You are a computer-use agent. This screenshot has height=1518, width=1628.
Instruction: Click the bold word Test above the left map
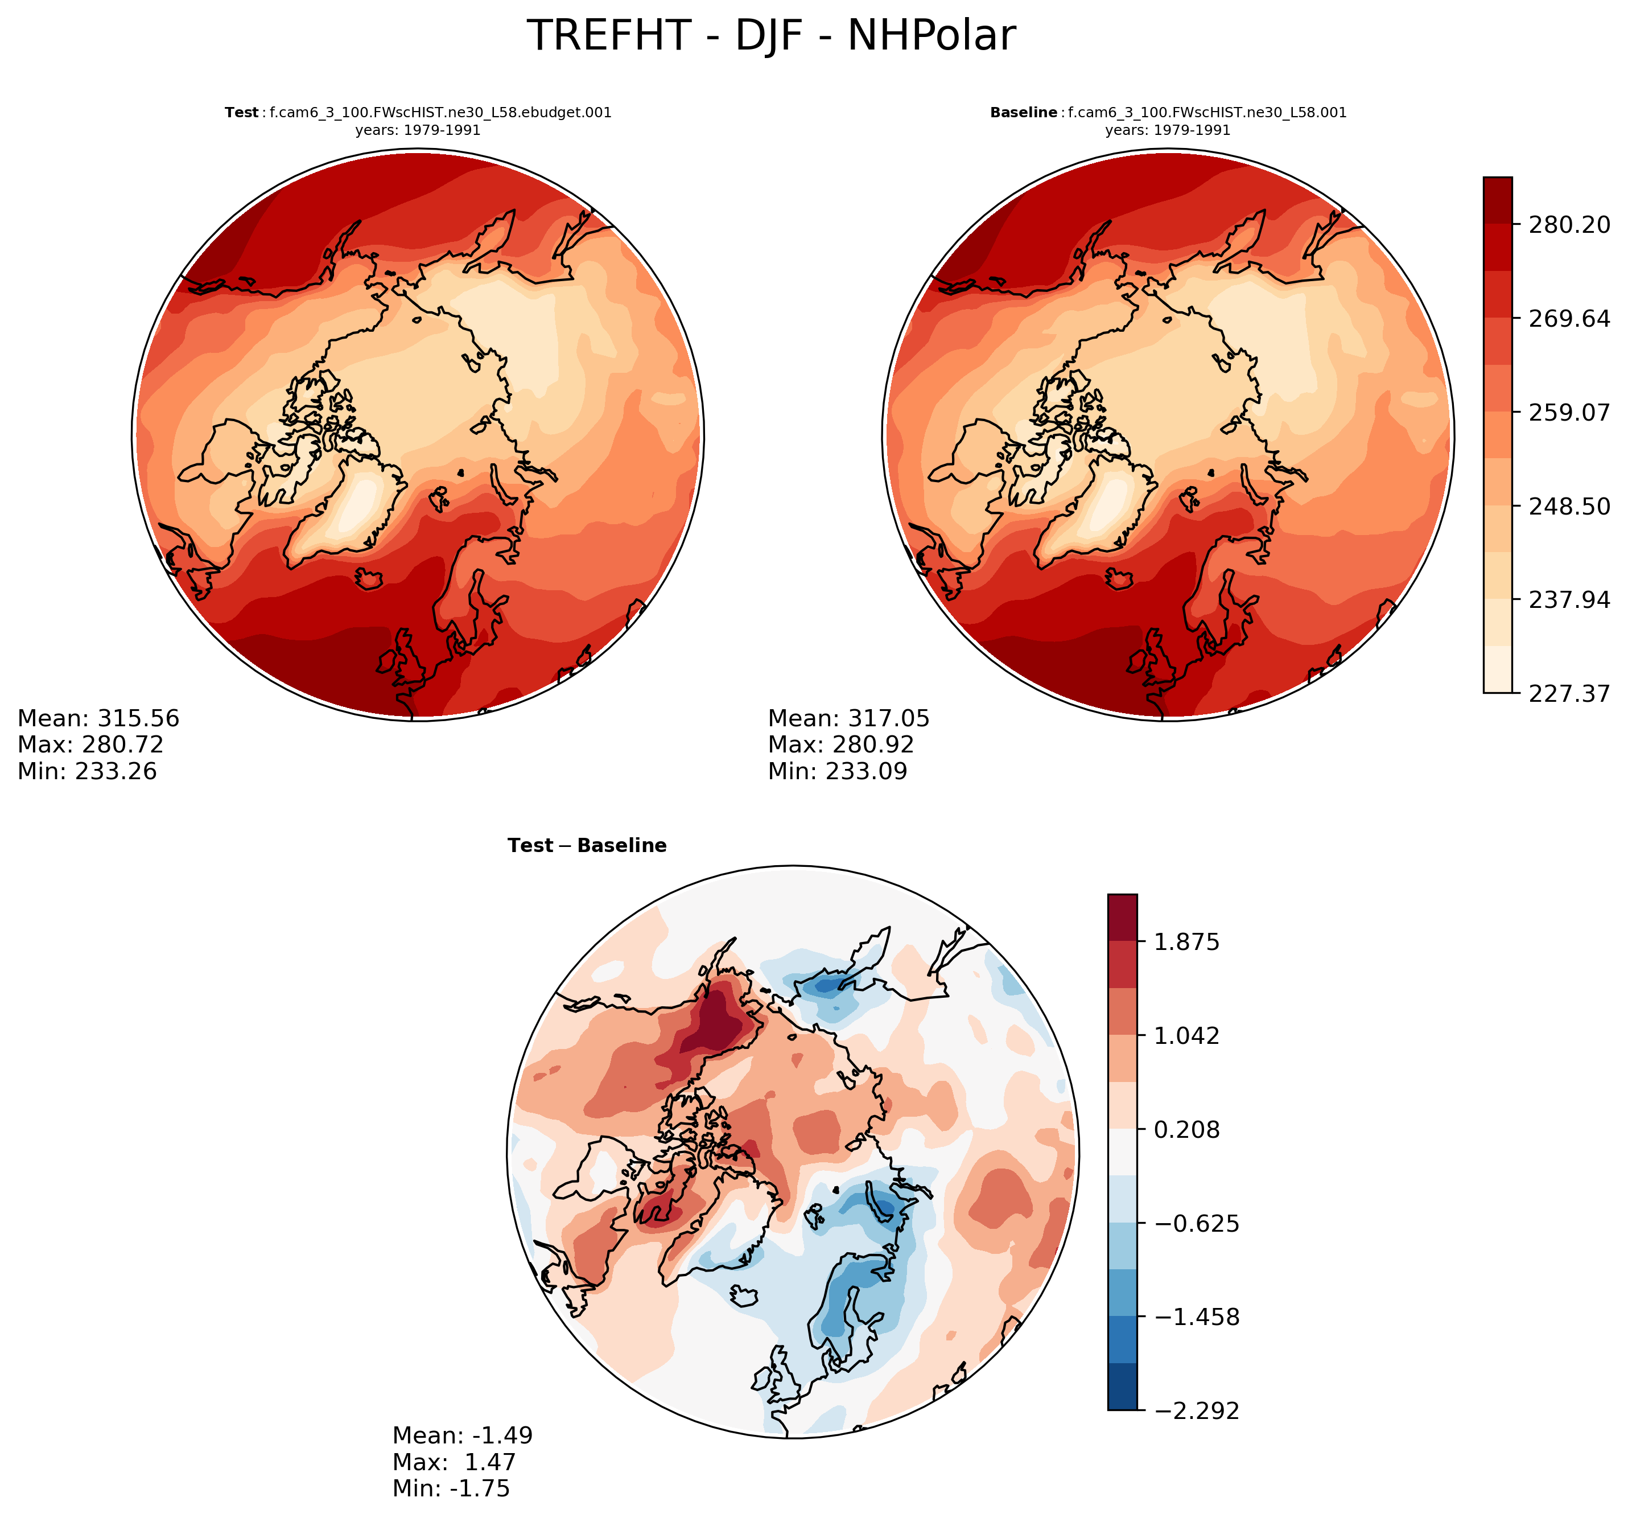pyautogui.click(x=242, y=113)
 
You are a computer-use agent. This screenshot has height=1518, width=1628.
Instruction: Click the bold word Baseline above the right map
pyautogui.click(x=1023, y=113)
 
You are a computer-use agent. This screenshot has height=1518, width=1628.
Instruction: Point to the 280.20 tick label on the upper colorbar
pyautogui.click(x=1569, y=224)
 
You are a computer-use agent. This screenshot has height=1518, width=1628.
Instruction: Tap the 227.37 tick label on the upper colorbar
pyautogui.click(x=1569, y=694)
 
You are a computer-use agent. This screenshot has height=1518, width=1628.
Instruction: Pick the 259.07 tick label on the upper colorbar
pyautogui.click(x=1569, y=412)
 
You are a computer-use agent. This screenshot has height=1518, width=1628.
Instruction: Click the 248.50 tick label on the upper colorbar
pyautogui.click(x=1569, y=506)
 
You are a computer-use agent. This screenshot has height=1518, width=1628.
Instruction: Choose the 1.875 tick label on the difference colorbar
pyautogui.click(x=1186, y=942)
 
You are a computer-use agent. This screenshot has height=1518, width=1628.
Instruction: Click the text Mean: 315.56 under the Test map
pyautogui.click(x=98, y=718)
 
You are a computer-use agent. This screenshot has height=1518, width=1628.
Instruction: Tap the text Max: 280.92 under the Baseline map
pyautogui.click(x=840, y=744)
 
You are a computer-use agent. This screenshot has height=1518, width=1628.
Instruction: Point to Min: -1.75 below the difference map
pyautogui.click(x=451, y=1488)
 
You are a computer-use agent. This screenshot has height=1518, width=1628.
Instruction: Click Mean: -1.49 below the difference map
pyautogui.click(x=463, y=1435)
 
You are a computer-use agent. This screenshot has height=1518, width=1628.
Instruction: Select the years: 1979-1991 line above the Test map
pyautogui.click(x=418, y=130)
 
